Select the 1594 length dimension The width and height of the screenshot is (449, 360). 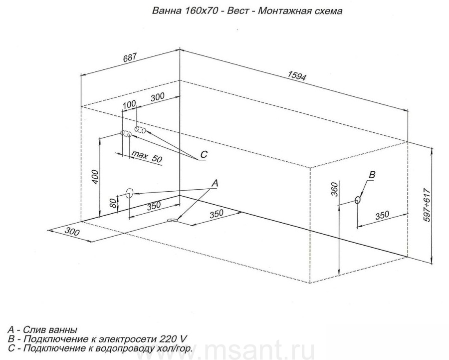click(297, 75)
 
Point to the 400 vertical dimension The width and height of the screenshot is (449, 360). click(95, 177)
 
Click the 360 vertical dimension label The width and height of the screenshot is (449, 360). click(334, 189)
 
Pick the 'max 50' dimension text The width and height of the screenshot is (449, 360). click(147, 157)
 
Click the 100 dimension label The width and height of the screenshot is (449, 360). click(129, 105)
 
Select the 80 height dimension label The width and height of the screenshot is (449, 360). click(113, 203)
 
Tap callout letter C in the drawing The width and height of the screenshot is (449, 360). click(204, 154)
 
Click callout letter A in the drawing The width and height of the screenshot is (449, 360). click(215, 183)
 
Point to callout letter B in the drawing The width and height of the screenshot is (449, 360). click(371, 175)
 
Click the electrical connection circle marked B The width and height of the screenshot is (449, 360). click(357, 200)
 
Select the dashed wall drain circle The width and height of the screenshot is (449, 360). click(130, 193)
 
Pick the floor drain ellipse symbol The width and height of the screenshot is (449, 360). click(173, 220)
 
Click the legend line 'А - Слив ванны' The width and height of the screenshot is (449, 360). click(43, 330)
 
